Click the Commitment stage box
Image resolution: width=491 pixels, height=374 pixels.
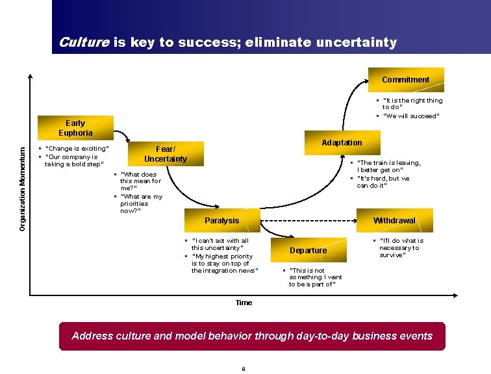coord(406,80)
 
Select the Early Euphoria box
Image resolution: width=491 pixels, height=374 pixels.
coord(75,128)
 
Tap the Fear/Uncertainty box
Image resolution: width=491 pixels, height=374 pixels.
coord(166,154)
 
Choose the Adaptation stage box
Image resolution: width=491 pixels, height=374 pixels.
coord(342,143)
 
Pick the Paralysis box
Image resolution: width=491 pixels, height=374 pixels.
coord(222,221)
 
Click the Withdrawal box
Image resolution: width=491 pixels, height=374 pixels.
coord(394,221)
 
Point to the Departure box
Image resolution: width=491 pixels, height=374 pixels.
coord(308,251)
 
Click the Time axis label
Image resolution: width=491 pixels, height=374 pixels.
coord(244,303)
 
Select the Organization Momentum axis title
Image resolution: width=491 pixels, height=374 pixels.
coord(22,188)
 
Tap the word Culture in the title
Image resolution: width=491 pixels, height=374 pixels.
coord(84,43)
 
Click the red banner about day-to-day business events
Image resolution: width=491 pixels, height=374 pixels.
coord(252,336)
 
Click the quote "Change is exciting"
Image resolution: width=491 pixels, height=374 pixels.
coord(77,149)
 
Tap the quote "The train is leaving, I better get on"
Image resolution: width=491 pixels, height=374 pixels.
coord(388,167)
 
